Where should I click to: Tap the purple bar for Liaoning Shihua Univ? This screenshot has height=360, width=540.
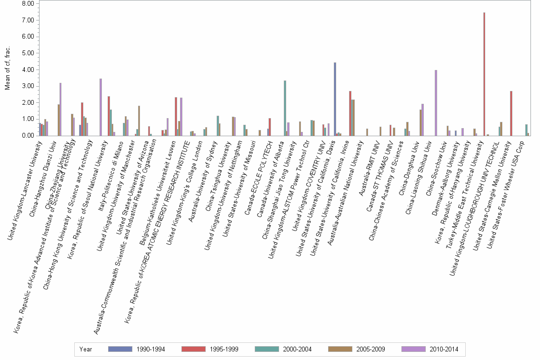(436, 103)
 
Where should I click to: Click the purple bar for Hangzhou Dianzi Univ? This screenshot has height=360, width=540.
(60, 110)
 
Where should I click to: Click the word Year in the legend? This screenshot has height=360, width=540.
(86, 349)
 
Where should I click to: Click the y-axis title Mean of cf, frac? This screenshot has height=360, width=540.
(7, 69)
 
